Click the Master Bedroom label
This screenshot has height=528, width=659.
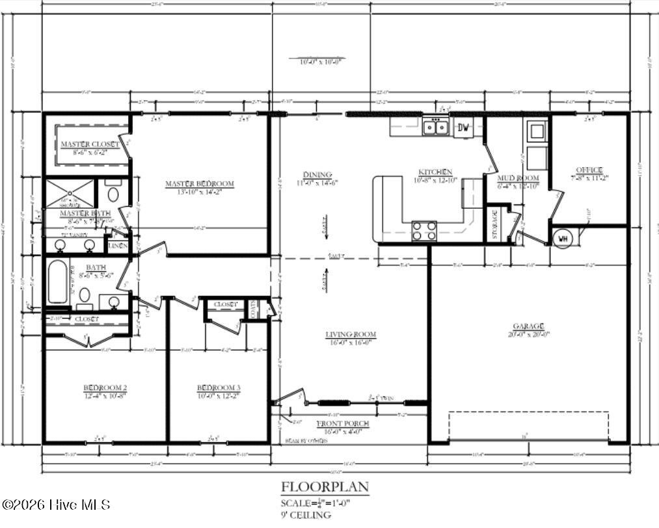pos(199,184)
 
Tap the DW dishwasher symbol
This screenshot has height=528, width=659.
pos(463,127)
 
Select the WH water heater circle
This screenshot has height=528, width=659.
pos(562,238)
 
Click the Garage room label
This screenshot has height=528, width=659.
pos(528,326)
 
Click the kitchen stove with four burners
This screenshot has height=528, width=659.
pos(424,230)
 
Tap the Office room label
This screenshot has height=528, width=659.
pos(589,170)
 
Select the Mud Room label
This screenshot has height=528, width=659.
pos(518,178)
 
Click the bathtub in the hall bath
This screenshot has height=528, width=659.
pos(57,282)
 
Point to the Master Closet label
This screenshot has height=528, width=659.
pos(90,144)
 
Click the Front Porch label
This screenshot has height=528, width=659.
pos(343,423)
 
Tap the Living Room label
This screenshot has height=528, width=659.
pos(351,335)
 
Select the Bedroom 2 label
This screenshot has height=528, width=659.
pos(105,388)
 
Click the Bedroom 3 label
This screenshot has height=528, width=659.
pos(219,388)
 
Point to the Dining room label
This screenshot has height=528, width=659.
pos(317,175)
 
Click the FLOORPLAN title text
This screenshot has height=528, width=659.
pos(325,486)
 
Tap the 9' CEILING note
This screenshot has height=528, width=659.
pos(305,515)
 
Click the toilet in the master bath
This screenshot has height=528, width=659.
pos(113,193)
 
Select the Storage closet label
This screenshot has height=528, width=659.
pos(494,224)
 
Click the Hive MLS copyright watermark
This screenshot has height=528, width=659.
pos(56,505)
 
